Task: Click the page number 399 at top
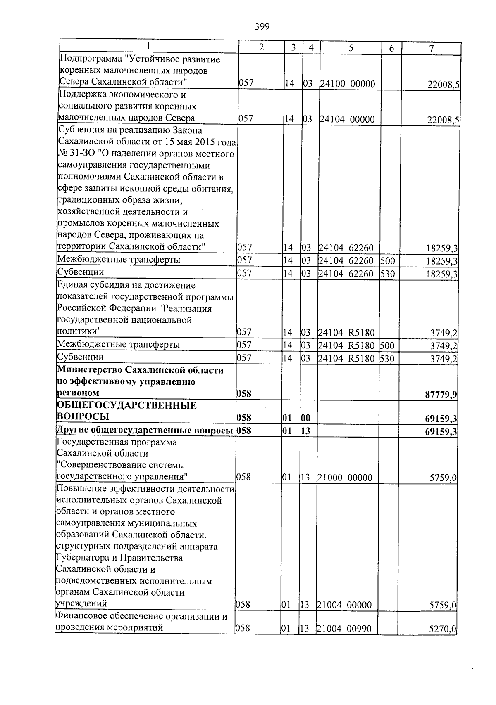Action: point(262,27)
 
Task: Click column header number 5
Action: point(350,48)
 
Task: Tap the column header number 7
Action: point(431,48)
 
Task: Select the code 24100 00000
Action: point(347,84)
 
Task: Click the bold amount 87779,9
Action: point(441,395)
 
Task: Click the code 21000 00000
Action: point(345,478)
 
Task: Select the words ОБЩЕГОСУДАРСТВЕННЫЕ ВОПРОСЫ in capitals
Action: point(126,411)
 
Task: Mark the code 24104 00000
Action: point(347,120)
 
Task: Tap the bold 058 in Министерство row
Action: point(244,394)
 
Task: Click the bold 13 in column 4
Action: point(306,431)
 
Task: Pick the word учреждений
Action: point(81,603)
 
